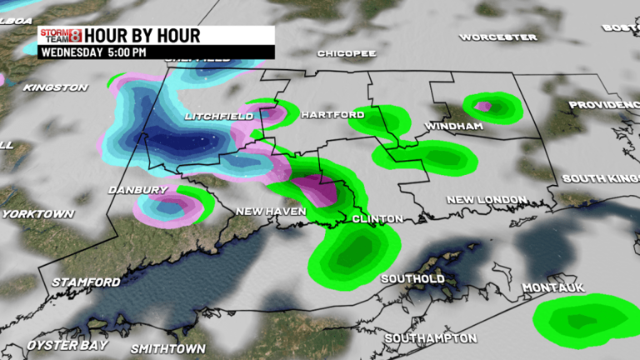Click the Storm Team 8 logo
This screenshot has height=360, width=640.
(x=60, y=36)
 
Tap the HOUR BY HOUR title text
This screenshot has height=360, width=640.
(x=142, y=36)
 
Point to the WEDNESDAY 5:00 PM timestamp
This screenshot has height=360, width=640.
(x=92, y=52)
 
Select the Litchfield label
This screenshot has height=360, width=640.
(x=219, y=116)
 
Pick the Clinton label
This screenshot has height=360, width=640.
(x=377, y=218)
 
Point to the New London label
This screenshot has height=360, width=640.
(x=486, y=200)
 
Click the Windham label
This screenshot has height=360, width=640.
(x=454, y=126)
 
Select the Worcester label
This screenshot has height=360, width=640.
(x=498, y=37)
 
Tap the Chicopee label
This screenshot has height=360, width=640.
(x=347, y=53)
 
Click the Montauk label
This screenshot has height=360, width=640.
(x=553, y=287)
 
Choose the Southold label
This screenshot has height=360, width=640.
(x=412, y=278)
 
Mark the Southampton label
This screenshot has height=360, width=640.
(x=431, y=337)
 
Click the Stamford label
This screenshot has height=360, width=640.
(x=86, y=282)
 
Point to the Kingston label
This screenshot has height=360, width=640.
(x=56, y=87)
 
